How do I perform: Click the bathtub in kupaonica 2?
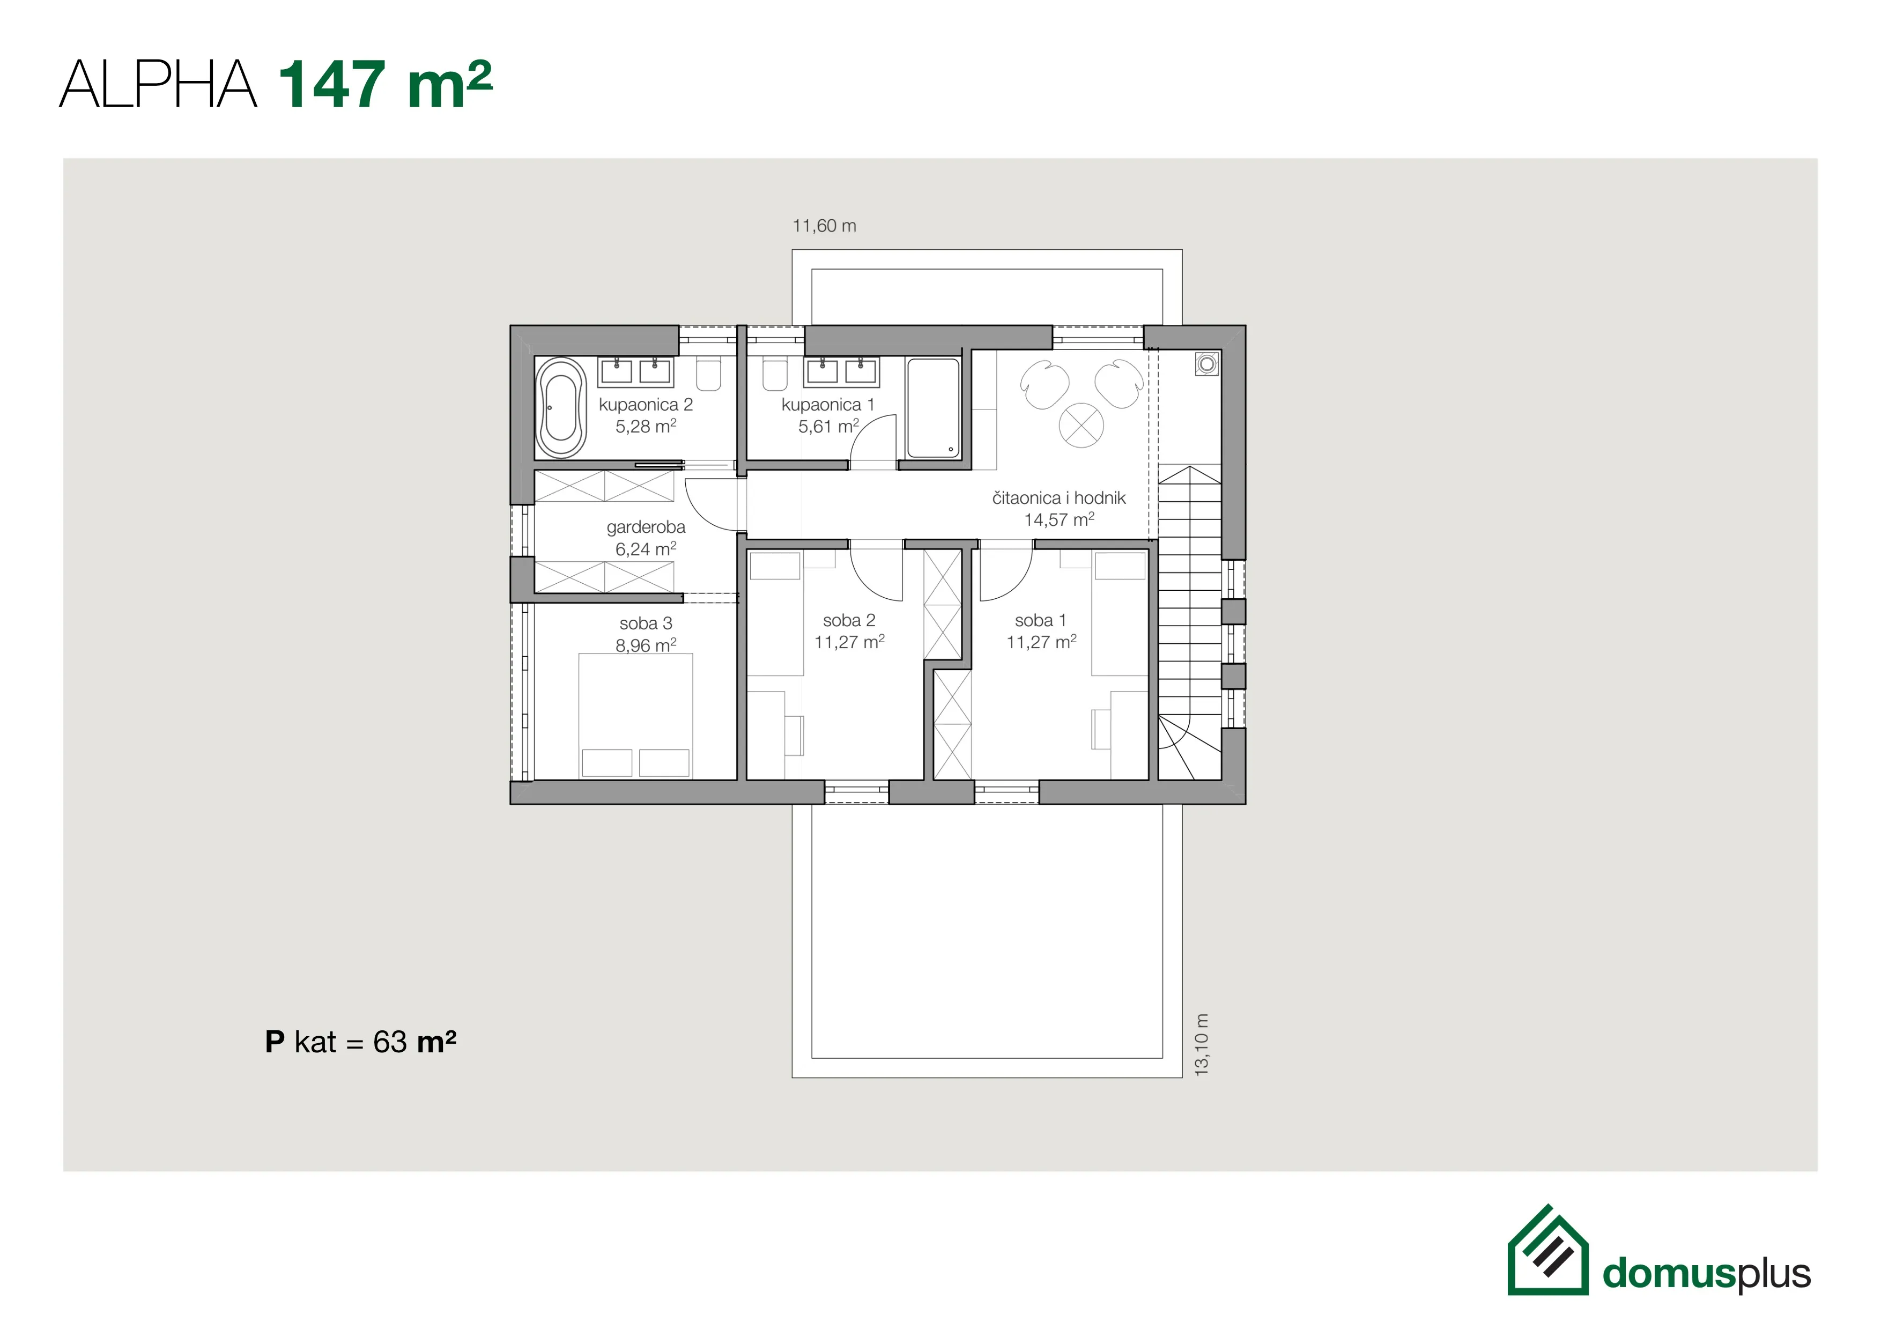coord(561,408)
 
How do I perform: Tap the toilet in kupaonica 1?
coord(774,374)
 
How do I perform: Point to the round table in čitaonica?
coord(1082,425)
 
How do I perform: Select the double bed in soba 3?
coord(636,716)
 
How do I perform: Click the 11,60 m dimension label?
coord(824,226)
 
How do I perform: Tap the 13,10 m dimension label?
coord(1202,1045)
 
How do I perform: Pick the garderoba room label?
coord(646,527)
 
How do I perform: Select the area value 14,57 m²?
coord(1060,519)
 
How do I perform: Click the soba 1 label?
coord(1040,621)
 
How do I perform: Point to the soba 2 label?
coord(849,621)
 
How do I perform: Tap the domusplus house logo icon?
coord(1547,1250)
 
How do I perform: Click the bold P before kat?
coord(275,1042)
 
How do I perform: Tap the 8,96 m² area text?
coord(646,645)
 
